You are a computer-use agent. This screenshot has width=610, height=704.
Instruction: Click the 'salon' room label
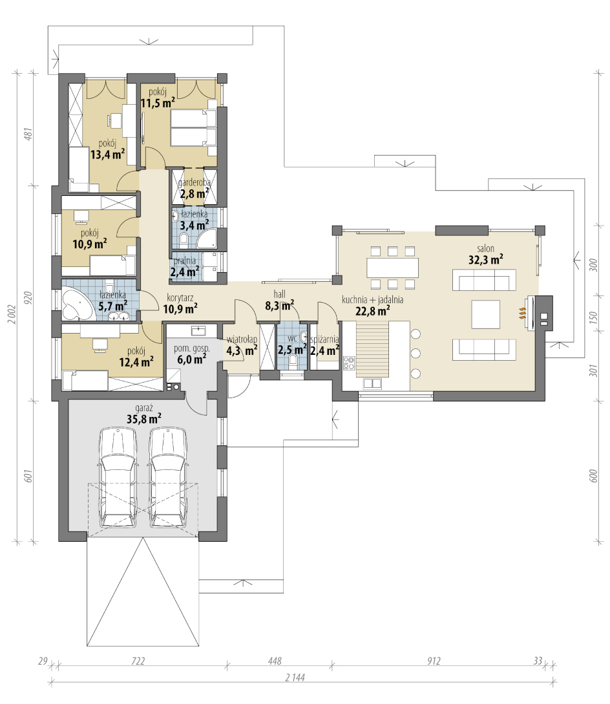(485, 248)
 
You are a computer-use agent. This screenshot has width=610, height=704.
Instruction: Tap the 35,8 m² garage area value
(143, 419)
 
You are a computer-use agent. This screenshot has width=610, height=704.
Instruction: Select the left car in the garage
(117, 477)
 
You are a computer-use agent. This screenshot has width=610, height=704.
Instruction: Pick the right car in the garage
(168, 477)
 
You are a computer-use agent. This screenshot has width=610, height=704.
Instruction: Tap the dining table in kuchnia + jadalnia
(392, 268)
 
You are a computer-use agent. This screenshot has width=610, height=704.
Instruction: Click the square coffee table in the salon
(485, 314)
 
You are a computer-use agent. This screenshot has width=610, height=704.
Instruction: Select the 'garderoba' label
(194, 183)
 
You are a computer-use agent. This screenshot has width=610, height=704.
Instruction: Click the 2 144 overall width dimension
(295, 677)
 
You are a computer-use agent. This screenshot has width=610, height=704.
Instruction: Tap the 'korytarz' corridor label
(180, 297)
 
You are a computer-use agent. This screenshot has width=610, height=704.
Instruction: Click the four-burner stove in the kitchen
(349, 363)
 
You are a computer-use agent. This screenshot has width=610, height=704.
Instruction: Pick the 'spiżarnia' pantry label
(324, 339)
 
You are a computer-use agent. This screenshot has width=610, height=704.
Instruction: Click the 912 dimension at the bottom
(434, 661)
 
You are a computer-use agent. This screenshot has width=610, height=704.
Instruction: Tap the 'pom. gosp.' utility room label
(192, 348)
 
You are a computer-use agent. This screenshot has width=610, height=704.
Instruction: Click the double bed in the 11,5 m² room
(193, 127)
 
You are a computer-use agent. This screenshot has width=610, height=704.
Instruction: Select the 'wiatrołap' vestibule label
(242, 339)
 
